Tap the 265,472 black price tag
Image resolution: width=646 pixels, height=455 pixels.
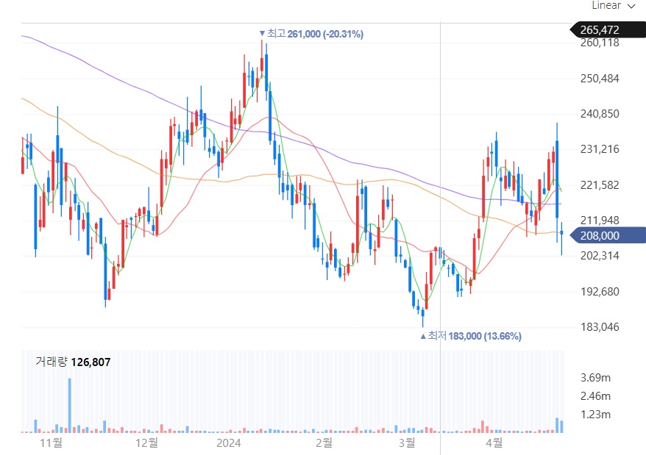pos(600,30)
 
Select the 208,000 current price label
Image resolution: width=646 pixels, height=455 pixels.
pos(600,235)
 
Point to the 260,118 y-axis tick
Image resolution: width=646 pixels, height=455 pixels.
pos(600,43)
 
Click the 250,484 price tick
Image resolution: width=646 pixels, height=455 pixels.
pos(600,79)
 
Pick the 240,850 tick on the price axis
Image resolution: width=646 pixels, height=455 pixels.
pos(600,114)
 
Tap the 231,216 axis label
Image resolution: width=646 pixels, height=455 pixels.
pos(600,149)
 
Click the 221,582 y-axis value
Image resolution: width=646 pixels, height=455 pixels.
pos(600,185)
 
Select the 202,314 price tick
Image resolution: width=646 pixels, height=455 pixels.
pos(600,256)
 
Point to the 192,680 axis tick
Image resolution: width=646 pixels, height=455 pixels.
pos(600,292)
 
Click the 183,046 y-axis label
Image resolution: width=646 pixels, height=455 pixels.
pos(600,327)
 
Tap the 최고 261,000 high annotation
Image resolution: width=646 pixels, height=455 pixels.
pos(311,34)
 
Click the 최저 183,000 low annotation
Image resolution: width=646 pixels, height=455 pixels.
pos(471,336)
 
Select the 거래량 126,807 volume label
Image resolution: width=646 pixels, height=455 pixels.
pos(73,361)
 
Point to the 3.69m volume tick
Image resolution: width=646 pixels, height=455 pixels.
pos(596,378)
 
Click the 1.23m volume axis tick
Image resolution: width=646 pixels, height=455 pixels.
pos(596,415)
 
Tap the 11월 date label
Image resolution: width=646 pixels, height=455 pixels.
pos(51,443)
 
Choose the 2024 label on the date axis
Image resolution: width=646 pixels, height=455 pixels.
pos(229,443)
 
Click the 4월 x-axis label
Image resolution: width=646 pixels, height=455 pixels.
pos(494,443)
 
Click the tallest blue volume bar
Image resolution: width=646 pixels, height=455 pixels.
pos(70,405)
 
